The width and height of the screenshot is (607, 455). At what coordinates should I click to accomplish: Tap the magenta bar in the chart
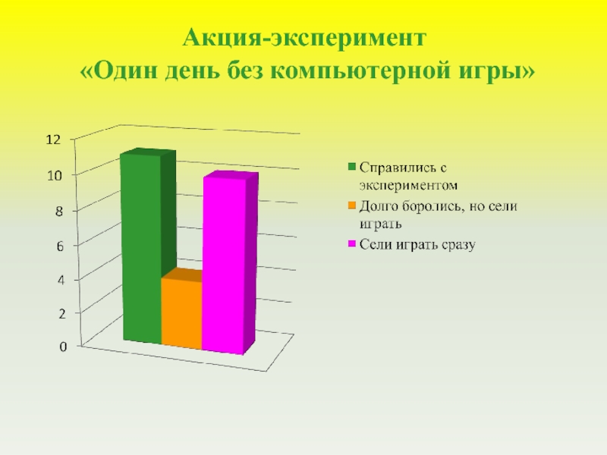pos(223,265)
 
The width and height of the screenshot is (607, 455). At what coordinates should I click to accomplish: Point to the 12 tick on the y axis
pos(52,140)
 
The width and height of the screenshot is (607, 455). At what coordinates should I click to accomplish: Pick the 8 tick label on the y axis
pos(58,212)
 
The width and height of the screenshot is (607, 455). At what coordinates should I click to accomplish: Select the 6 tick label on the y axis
pos(58,246)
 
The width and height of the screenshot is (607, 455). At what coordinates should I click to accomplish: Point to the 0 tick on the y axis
pos(63,347)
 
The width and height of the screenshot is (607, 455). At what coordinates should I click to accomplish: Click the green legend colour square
pos(352,166)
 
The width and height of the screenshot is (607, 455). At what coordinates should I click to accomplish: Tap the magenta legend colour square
pos(352,244)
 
